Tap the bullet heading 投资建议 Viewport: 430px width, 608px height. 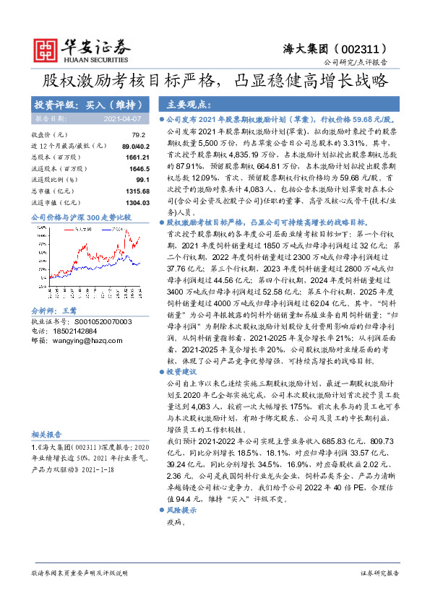[x=183, y=371]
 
